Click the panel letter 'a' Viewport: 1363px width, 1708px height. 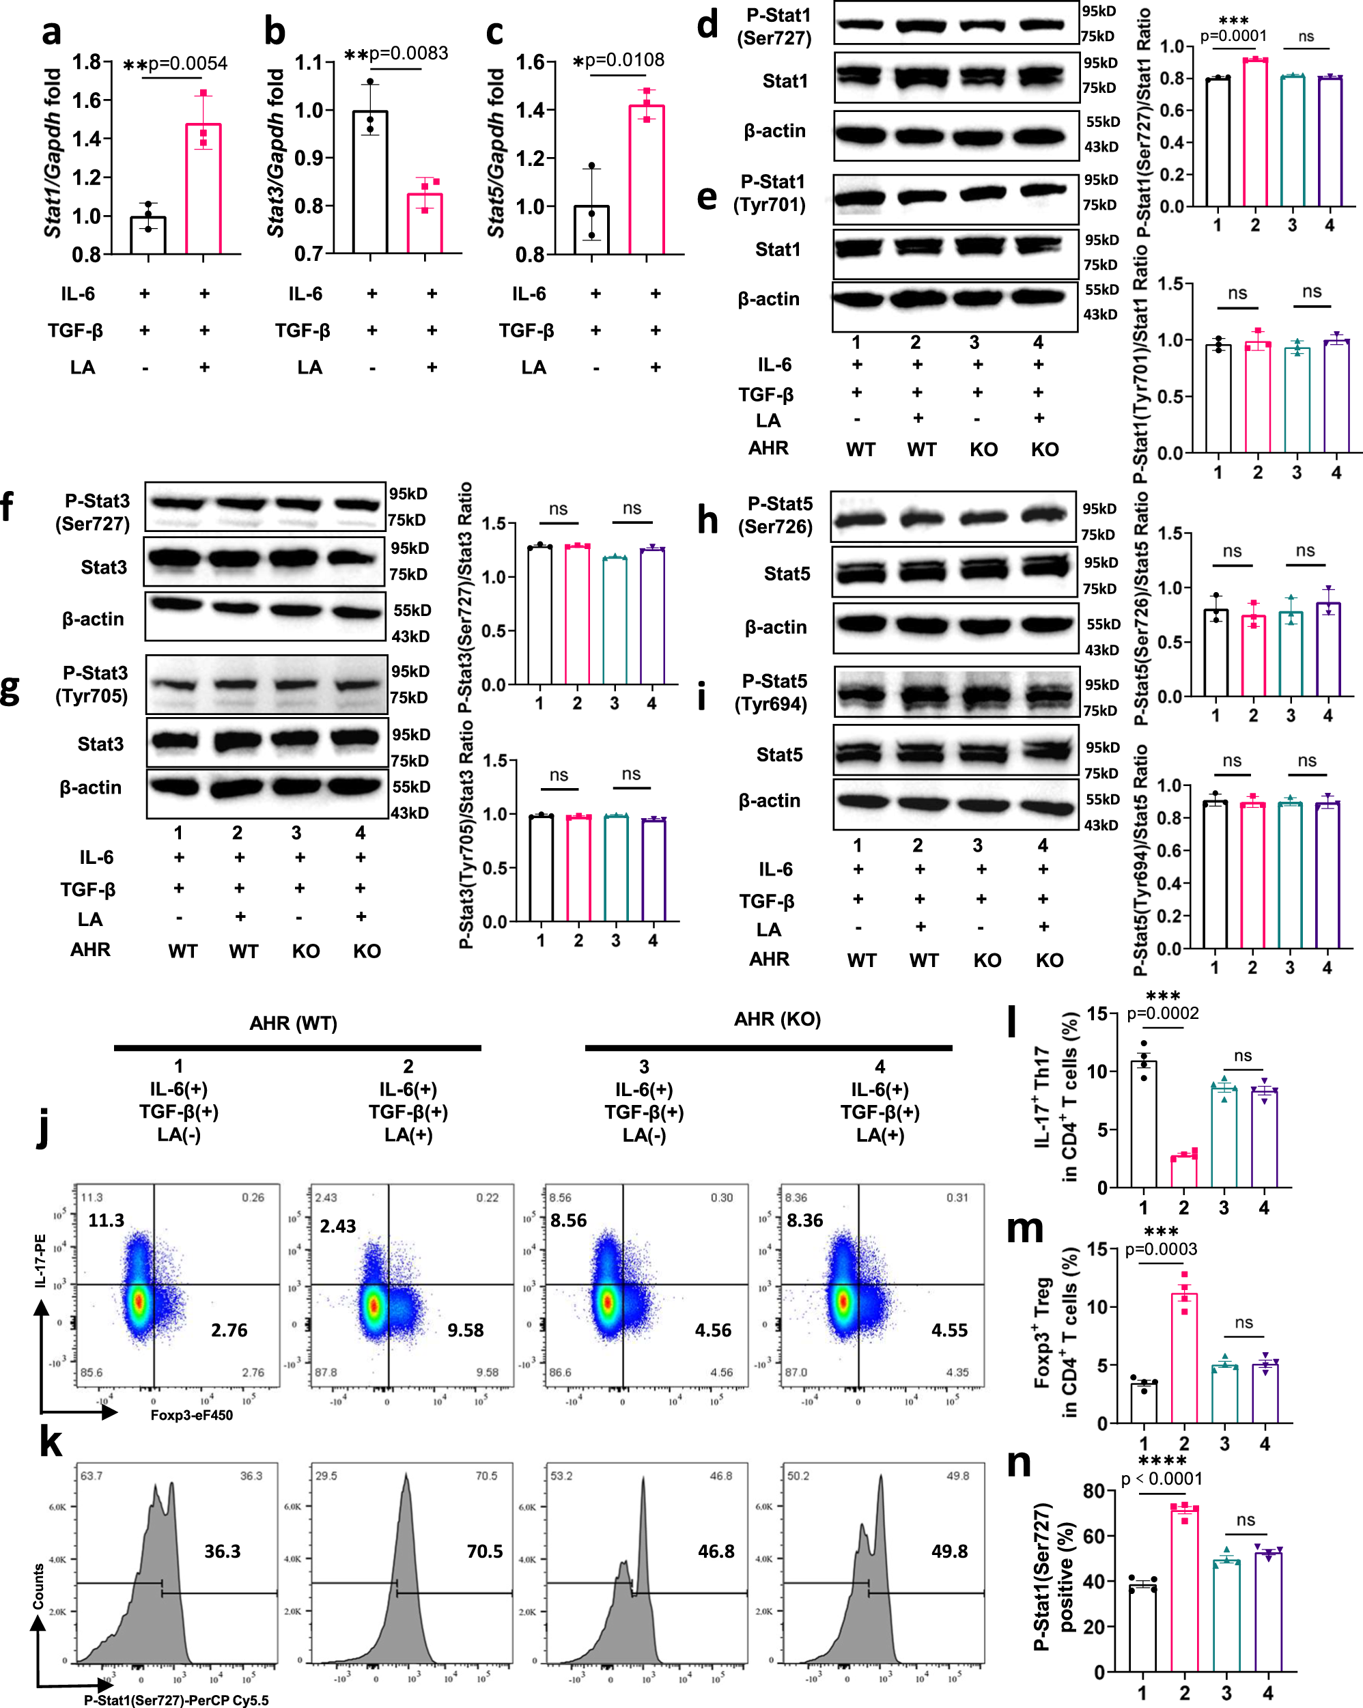tap(51, 33)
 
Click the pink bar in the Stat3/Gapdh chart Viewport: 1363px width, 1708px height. tap(425, 223)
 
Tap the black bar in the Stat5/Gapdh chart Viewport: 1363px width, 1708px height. tap(591, 229)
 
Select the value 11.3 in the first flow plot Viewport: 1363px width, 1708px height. tap(106, 1220)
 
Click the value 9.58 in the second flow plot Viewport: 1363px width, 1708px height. tap(465, 1330)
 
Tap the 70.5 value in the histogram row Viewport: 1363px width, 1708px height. tap(485, 1551)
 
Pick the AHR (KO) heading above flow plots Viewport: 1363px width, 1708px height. tap(777, 1019)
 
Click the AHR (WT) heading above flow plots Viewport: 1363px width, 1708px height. tap(293, 1023)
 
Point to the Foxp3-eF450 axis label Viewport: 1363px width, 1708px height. tap(192, 1415)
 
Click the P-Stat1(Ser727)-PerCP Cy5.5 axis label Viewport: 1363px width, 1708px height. tap(175, 1700)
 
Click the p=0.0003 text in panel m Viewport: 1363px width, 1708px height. tap(1161, 1249)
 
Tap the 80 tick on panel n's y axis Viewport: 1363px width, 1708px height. tap(1094, 1491)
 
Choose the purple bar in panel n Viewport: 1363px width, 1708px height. tap(1268, 1611)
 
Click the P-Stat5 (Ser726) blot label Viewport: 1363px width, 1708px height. tap(775, 515)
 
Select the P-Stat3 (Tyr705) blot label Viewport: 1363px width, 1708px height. tap(92, 684)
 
